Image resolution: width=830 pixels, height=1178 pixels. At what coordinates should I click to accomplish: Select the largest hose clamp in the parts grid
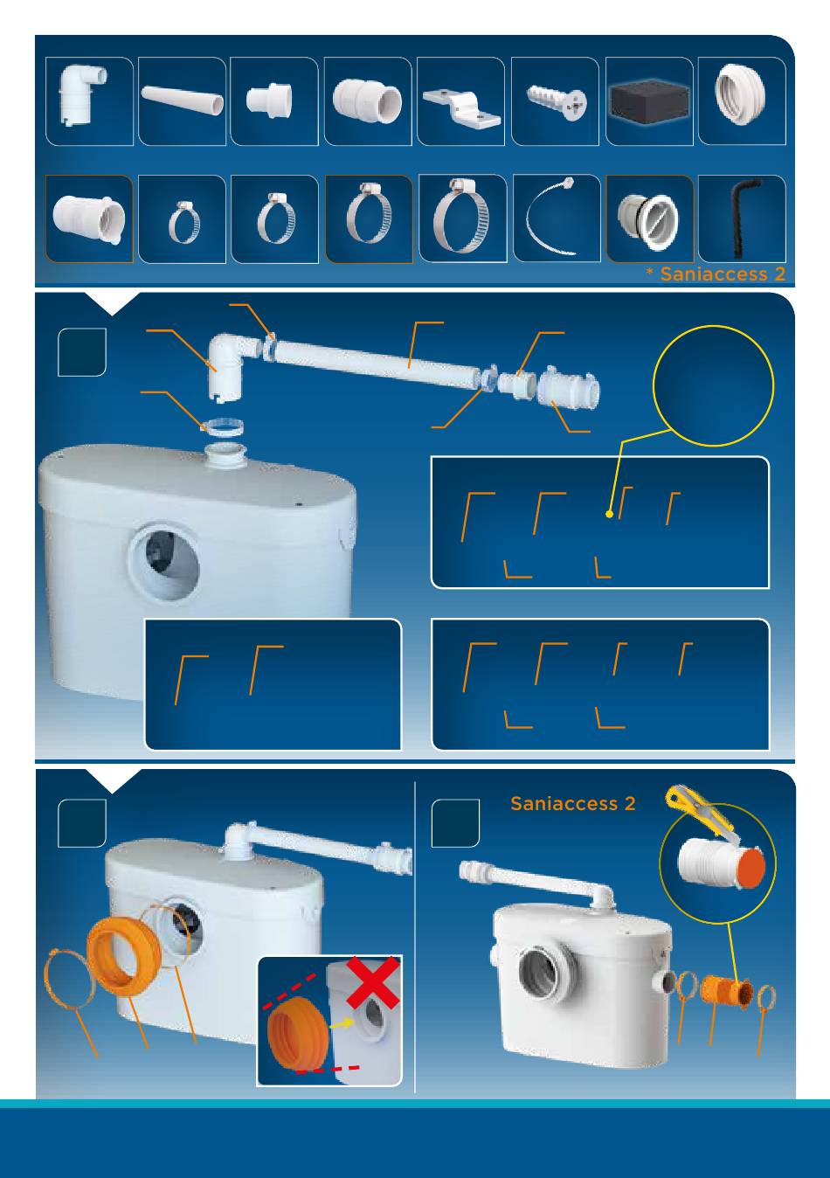pyautogui.click(x=462, y=218)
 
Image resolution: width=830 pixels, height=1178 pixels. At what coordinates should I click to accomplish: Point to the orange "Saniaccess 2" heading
pyautogui.click(x=572, y=803)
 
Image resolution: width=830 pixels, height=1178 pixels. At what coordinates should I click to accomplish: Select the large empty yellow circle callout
pyautogui.click(x=713, y=386)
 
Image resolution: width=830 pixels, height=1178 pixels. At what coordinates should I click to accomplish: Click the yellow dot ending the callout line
pyautogui.click(x=609, y=514)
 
